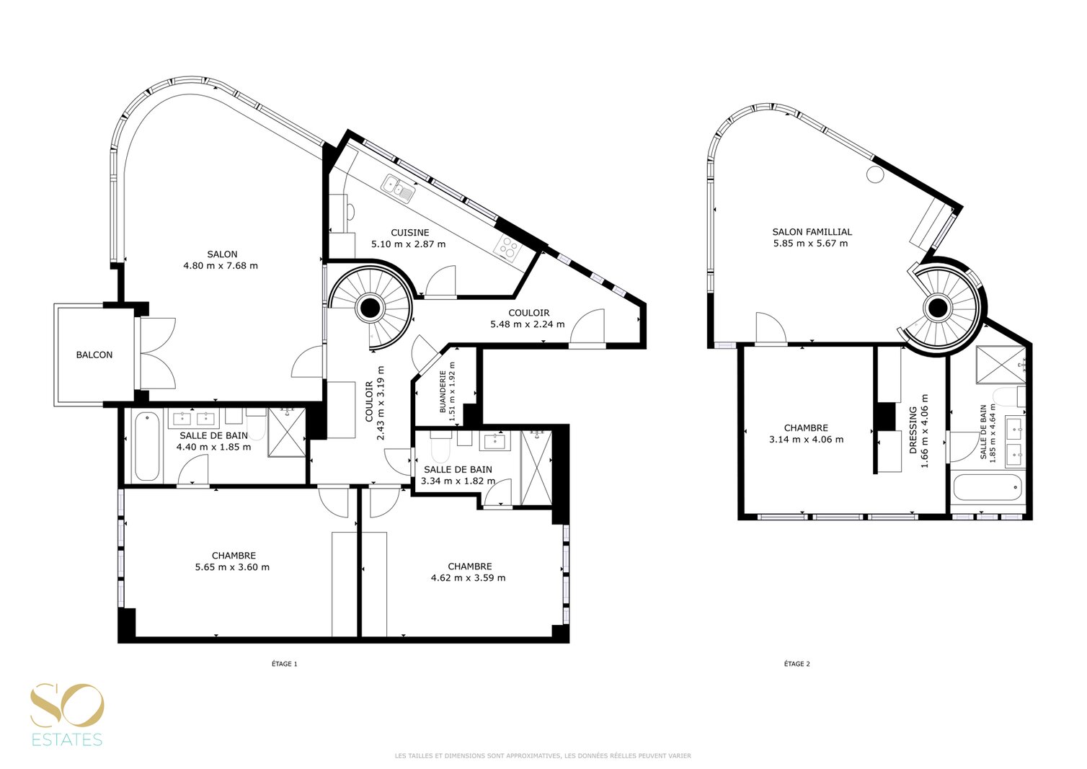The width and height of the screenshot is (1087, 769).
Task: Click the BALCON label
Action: tap(94, 355)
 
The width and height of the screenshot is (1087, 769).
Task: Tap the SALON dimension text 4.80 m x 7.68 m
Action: tap(221, 266)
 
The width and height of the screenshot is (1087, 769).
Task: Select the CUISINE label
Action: tap(410, 233)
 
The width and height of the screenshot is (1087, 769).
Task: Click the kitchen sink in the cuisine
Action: tap(399, 188)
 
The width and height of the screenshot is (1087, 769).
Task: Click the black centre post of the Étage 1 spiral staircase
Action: tap(369, 307)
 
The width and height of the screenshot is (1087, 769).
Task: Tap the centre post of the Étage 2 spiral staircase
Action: tap(937, 307)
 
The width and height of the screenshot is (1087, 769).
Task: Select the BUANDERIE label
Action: tap(443, 392)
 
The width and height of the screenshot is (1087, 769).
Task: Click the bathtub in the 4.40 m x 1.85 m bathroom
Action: tap(146, 446)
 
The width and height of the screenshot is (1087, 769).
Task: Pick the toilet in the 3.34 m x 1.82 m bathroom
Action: tap(440, 448)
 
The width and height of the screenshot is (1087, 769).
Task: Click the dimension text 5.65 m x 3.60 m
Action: tap(232, 567)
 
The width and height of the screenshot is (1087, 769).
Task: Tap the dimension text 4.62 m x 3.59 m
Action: tap(469, 578)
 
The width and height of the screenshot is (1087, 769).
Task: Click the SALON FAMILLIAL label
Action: tap(812, 232)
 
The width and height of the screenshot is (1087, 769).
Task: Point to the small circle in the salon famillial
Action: tap(875, 174)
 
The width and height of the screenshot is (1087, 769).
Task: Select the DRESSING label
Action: tap(913, 430)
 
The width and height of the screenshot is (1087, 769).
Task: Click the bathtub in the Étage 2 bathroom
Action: tap(988, 488)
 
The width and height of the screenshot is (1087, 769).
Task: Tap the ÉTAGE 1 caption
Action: tap(285, 664)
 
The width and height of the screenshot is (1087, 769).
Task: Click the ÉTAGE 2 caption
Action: tap(797, 664)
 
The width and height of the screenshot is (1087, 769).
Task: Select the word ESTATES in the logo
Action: tap(67, 739)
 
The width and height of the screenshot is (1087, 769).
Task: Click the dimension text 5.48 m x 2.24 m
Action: tap(528, 324)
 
